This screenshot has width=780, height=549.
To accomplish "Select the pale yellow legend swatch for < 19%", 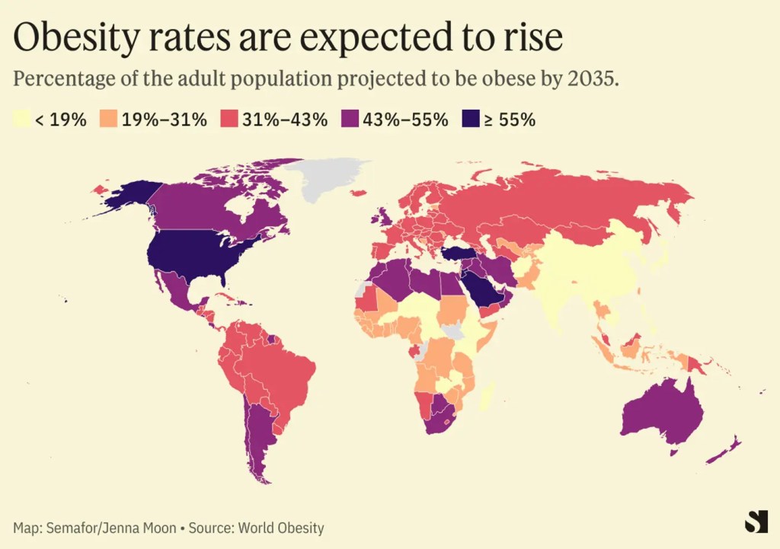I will [x=23, y=120].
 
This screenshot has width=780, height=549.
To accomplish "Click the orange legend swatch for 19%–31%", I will [x=110, y=120].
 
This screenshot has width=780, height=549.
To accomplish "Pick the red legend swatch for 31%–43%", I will [x=229, y=120].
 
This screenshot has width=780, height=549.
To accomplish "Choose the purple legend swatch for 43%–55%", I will [x=349, y=120].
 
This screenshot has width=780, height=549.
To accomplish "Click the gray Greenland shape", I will [x=331, y=179].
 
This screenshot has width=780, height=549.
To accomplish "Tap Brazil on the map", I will [x=286, y=373].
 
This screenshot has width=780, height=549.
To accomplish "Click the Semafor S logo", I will [x=756, y=522].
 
